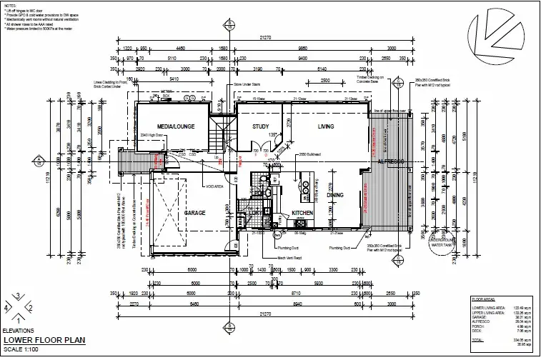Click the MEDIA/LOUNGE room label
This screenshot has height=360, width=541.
[171, 126]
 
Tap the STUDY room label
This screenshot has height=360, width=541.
[260, 126]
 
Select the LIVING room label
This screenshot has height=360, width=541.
[325, 126]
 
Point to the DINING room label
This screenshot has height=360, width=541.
[335, 194]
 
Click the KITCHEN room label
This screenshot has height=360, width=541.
[302, 213]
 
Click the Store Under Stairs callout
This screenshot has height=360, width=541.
[248, 84]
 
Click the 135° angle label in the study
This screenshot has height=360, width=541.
[272, 135]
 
